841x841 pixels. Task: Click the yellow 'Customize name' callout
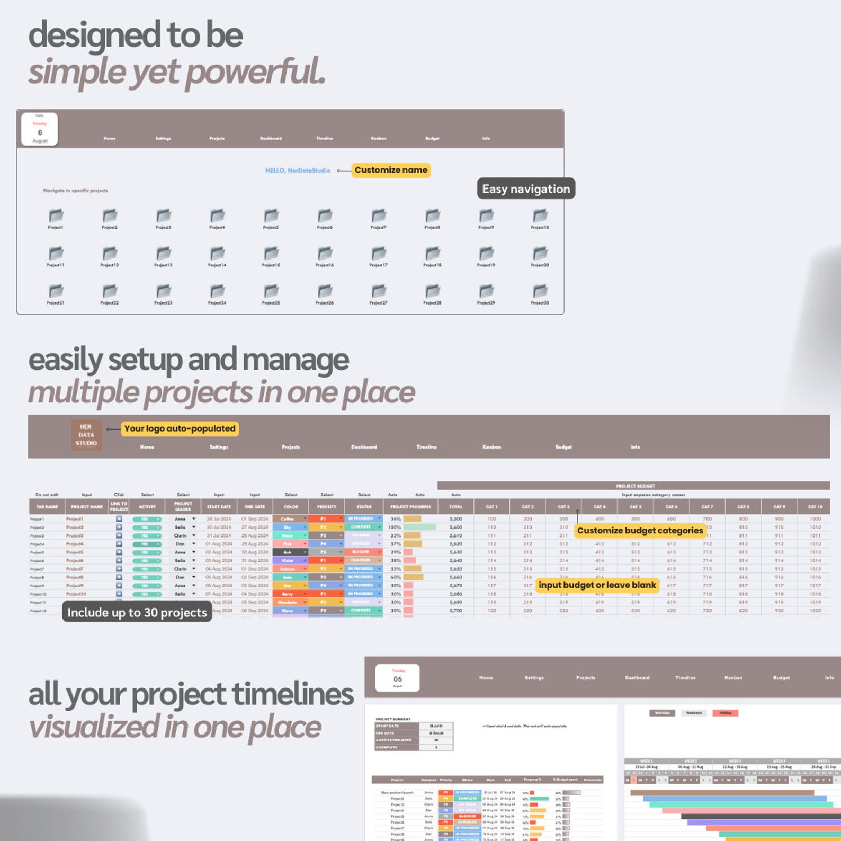point(391,170)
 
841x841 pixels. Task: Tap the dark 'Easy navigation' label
point(526,189)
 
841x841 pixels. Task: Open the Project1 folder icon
point(56,216)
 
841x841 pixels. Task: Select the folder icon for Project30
point(540,291)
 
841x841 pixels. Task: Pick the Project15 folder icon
point(271,254)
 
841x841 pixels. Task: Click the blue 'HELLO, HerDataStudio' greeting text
point(298,171)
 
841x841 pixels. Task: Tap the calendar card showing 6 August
point(40,129)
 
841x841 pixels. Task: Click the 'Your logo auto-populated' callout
point(180,428)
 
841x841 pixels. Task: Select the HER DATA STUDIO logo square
point(86,435)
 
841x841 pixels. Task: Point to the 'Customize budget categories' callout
point(640,530)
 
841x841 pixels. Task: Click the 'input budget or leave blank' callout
point(597,585)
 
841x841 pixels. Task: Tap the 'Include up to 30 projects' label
point(137,612)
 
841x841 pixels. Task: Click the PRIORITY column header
point(327,507)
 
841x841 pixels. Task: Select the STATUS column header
point(364,507)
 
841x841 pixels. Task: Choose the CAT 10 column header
point(815,507)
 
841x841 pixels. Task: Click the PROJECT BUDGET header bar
point(634,486)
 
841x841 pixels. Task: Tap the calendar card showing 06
point(398,678)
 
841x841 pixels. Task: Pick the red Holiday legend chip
point(725,713)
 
